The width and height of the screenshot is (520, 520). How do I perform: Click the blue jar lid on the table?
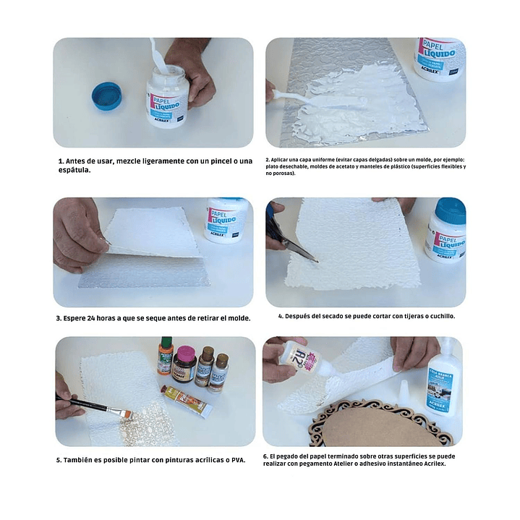tap(106, 96)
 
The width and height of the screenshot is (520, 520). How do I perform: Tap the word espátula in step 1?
tap(74, 170)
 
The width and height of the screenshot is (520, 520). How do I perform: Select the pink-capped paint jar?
tap(184, 364)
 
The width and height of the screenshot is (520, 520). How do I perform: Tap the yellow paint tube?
tap(187, 401)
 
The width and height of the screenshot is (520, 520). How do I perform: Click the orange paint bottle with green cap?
tap(166, 356)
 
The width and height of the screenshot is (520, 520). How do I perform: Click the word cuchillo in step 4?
tap(443, 316)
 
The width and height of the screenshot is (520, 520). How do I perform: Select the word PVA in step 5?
tap(238, 460)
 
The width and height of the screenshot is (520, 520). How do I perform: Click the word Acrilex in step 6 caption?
tap(435, 464)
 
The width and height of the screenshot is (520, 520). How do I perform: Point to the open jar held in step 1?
tap(168, 96)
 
